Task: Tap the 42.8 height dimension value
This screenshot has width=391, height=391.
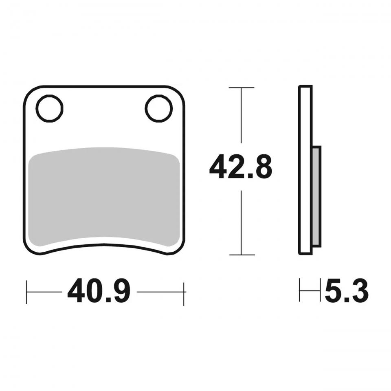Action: point(241,166)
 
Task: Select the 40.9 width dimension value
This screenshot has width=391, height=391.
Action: point(99,291)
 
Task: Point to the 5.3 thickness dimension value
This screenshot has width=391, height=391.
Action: point(347,291)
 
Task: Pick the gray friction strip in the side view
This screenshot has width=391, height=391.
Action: point(316,196)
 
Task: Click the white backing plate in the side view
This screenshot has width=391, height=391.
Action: point(305,170)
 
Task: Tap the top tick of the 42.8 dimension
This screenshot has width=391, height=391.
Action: point(242,88)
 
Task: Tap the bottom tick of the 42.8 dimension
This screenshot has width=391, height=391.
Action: point(242,255)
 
